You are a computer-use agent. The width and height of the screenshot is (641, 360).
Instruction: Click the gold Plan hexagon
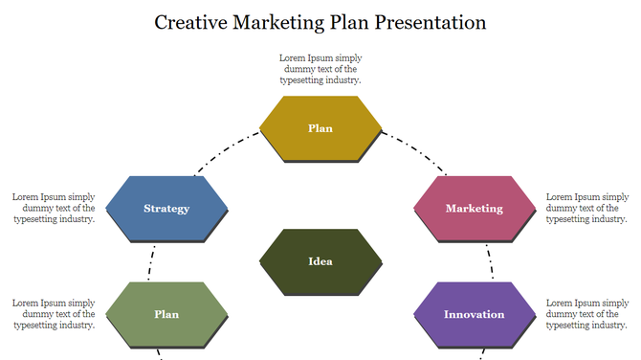point(320,128)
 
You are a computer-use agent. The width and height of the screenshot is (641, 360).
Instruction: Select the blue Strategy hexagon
point(166,208)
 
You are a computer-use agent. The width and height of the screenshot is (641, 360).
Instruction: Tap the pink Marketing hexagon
point(474,208)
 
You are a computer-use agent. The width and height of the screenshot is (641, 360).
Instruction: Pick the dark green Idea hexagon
point(320,261)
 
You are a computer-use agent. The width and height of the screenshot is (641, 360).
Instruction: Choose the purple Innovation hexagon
point(474,314)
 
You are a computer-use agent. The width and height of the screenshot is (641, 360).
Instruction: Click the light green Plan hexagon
point(166,314)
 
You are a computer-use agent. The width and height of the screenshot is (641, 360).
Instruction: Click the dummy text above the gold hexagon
point(320,69)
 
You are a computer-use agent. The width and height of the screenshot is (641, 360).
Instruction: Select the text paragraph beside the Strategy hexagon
point(54,208)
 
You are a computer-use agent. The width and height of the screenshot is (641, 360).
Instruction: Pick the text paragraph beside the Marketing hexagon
point(586,208)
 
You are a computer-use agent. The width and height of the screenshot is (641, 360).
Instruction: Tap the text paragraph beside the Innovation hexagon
point(586,314)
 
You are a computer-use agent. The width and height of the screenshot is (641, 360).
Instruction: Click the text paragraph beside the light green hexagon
point(54,314)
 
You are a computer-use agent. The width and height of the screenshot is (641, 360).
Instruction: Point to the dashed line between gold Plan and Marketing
point(414,154)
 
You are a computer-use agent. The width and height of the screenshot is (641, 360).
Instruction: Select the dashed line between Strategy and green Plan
point(151,260)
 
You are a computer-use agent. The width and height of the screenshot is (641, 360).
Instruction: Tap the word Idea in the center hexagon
point(320,261)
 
